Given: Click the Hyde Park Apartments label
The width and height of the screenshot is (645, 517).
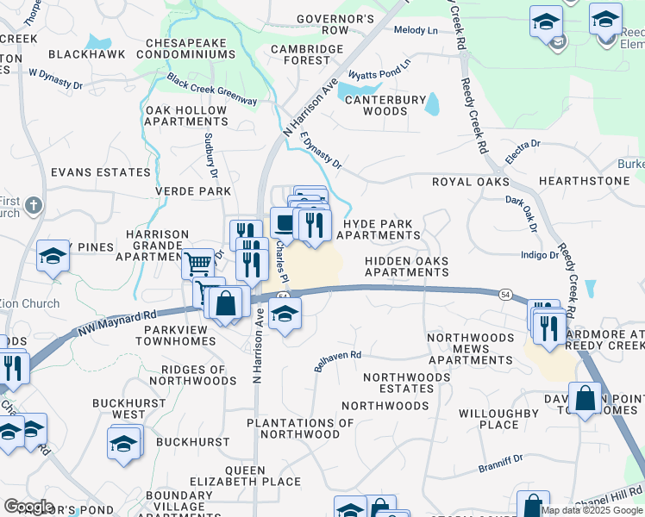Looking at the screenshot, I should click(x=381, y=229).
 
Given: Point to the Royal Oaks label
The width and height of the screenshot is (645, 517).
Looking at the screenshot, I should click(x=470, y=182).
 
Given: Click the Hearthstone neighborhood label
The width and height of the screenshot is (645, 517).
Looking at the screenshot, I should click(x=584, y=181).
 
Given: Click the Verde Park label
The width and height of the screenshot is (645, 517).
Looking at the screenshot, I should click(x=192, y=190).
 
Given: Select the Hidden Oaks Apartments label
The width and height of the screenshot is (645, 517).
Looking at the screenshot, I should click(x=406, y=266).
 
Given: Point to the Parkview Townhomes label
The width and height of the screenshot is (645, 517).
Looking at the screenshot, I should click(x=173, y=334).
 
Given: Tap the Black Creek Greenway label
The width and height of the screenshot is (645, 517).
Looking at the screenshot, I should click(x=212, y=90).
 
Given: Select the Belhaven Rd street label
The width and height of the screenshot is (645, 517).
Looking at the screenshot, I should click(x=336, y=361).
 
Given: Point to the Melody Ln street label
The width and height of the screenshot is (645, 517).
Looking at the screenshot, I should click(x=416, y=30).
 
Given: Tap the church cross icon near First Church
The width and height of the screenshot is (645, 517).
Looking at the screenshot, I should click(x=33, y=205).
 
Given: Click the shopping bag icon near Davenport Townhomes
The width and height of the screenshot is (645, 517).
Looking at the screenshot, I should click(x=586, y=398).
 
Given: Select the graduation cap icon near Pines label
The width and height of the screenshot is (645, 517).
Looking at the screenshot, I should click(x=53, y=256).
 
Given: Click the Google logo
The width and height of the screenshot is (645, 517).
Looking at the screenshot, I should click(x=28, y=507).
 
